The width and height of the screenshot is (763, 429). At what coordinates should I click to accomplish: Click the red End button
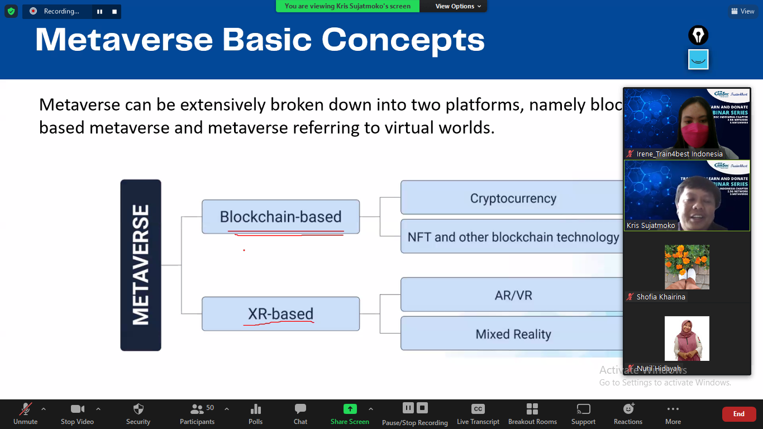[x=738, y=414]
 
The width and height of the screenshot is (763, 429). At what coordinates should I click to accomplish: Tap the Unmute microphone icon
[x=26, y=409]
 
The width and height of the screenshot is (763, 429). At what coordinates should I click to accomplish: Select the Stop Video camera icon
[x=77, y=409]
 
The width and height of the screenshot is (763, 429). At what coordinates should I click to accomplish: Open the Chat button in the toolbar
[x=301, y=409]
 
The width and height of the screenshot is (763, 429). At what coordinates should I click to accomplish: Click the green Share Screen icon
[x=350, y=409]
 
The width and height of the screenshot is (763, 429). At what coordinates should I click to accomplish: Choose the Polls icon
[x=256, y=409]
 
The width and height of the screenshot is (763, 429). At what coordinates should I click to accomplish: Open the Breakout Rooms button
[x=532, y=409]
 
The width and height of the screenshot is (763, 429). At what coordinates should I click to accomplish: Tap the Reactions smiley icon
[x=628, y=409]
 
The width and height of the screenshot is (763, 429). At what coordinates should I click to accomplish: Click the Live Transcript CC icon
[x=478, y=409]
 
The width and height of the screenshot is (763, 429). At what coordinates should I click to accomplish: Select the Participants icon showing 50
[x=197, y=409]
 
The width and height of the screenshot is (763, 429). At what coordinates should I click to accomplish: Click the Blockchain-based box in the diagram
[x=280, y=217]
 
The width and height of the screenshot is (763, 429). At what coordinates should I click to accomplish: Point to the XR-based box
[x=280, y=314]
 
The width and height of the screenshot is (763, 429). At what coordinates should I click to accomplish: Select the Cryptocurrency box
[x=512, y=198]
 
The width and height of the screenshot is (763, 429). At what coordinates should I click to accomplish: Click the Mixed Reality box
[x=512, y=334]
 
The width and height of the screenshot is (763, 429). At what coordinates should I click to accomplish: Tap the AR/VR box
[x=512, y=295]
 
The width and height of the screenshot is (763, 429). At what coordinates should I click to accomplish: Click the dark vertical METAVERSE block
[x=141, y=265]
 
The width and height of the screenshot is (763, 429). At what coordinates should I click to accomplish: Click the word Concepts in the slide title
[x=403, y=40]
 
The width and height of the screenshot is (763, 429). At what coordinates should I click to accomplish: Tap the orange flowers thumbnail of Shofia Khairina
[x=686, y=267]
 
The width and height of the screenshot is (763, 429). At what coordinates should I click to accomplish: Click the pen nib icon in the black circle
[x=698, y=35]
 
